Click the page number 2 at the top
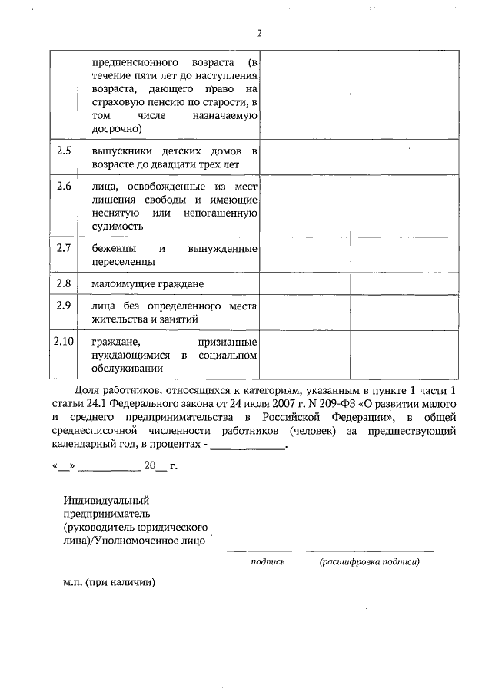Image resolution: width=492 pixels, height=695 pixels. click(x=259, y=33)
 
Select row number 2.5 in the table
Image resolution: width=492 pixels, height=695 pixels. click(x=64, y=151)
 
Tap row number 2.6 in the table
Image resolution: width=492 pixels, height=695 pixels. click(x=64, y=186)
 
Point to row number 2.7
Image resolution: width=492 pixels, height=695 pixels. click(x=64, y=248)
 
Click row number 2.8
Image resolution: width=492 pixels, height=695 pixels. click(x=64, y=283)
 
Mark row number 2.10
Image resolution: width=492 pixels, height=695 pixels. click(x=64, y=340)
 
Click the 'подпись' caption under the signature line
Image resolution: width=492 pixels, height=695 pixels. click(x=268, y=562)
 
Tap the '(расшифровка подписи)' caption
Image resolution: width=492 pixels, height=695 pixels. click(x=369, y=562)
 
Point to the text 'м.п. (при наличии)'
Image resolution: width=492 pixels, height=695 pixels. click(x=109, y=582)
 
